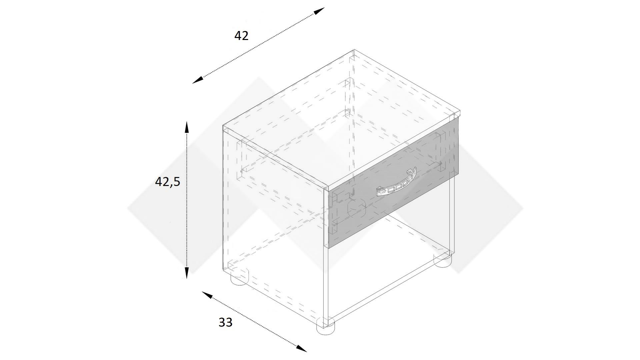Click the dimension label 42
241,36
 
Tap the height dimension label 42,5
167,182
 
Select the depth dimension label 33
225,322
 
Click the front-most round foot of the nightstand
325,326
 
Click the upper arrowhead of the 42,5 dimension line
187,128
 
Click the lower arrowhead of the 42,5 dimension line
187,272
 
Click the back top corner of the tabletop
354,50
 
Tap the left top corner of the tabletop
223,126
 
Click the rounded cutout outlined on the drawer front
357,209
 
